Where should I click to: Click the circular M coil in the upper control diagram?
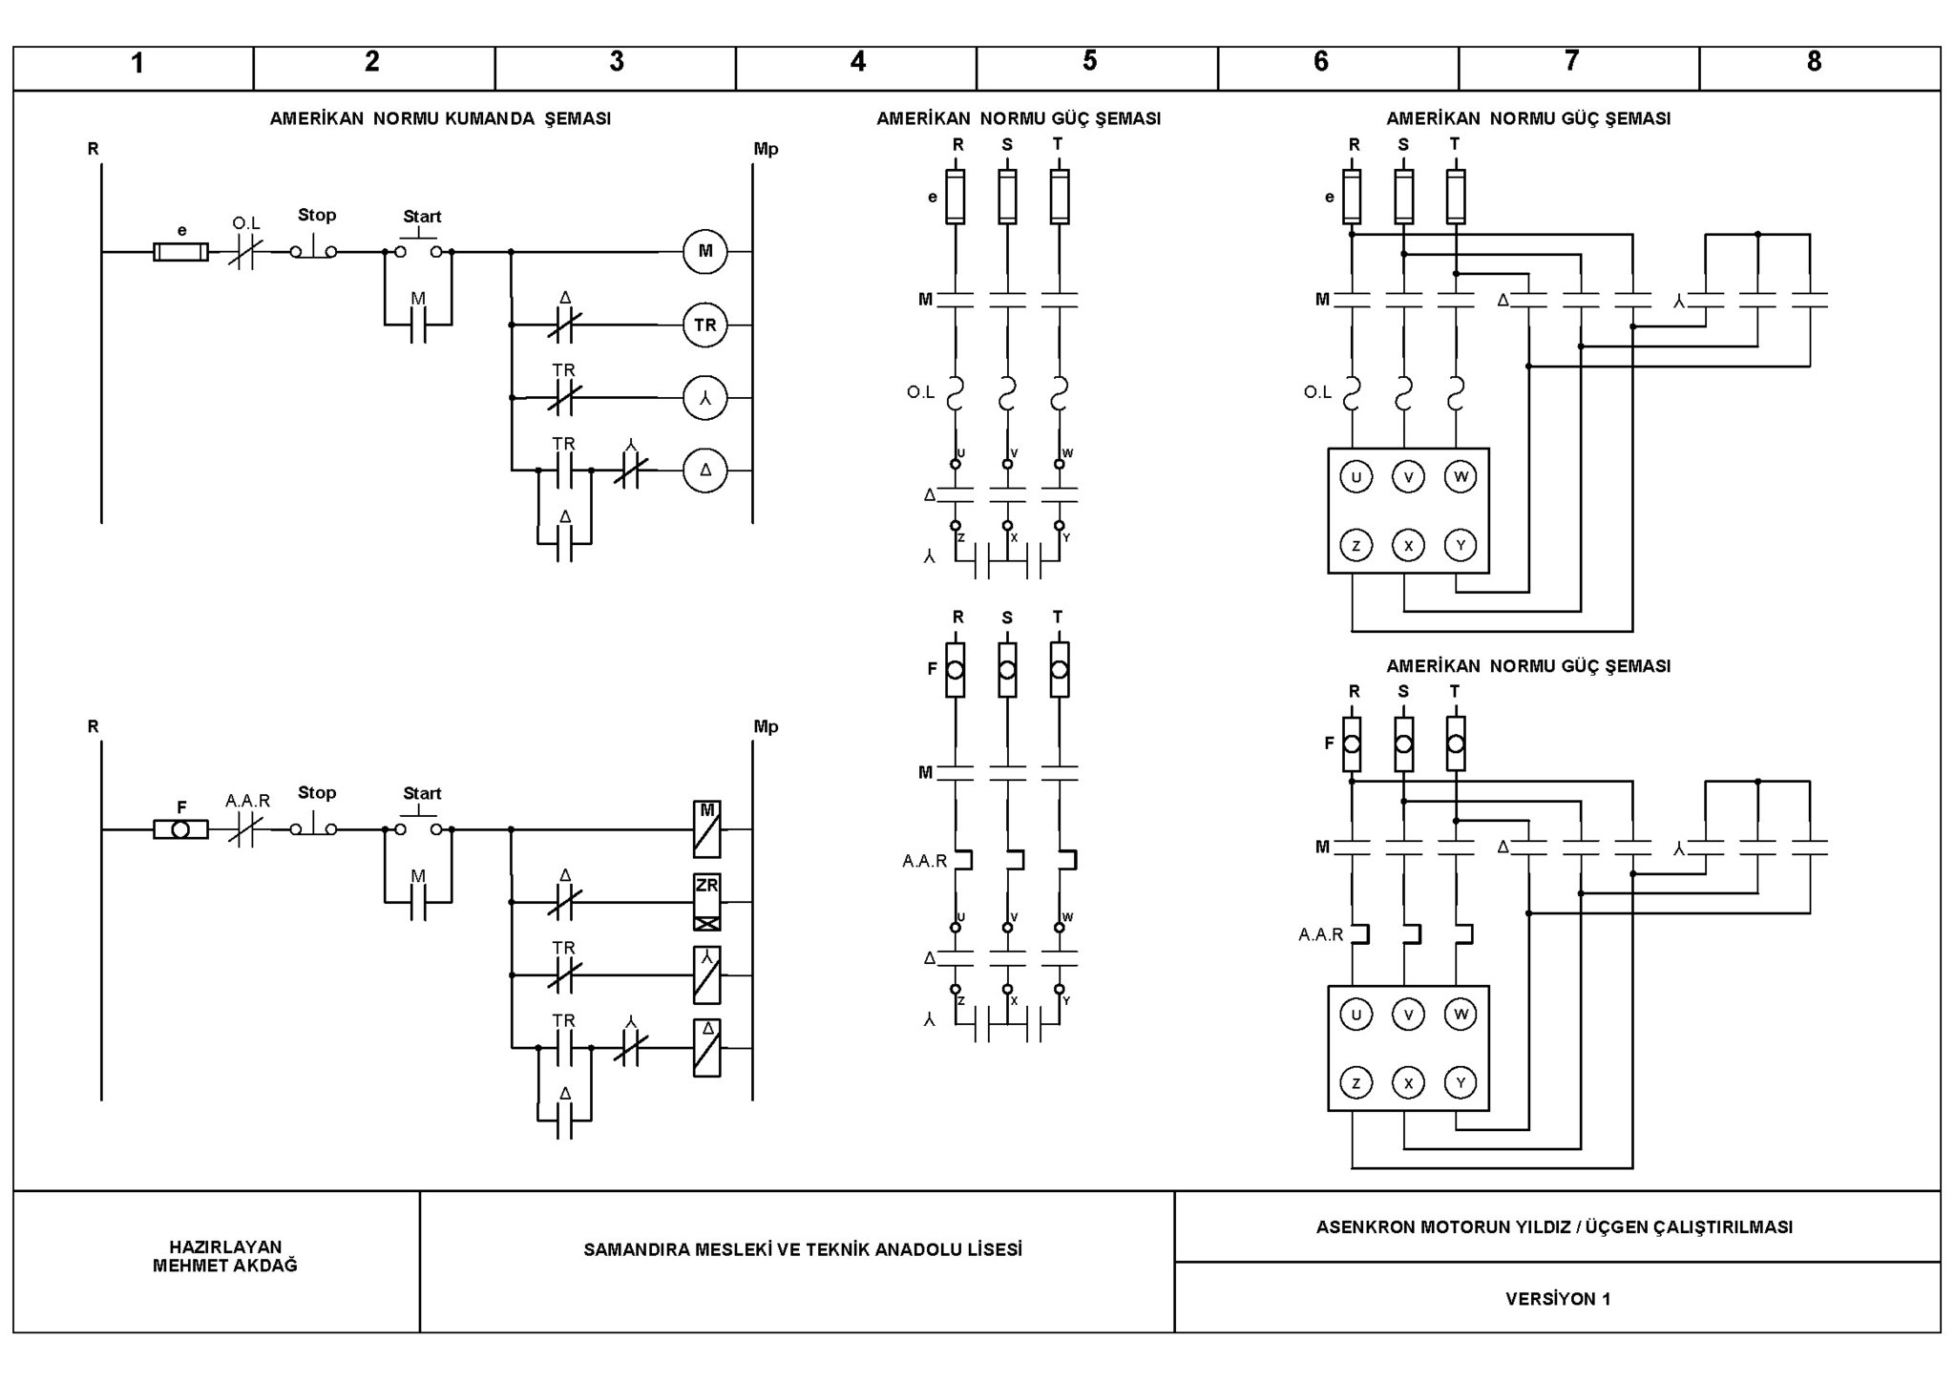(705, 251)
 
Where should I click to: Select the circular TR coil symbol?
(705, 325)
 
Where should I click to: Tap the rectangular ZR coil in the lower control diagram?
(707, 902)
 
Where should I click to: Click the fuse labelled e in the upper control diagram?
(181, 252)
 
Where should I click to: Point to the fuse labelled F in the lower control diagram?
(181, 829)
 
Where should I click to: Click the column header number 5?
(1089, 61)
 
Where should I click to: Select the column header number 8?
(1814, 61)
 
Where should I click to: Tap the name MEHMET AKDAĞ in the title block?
(225, 1266)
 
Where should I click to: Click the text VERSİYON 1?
(1558, 1299)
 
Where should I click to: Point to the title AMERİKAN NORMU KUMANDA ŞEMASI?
(440, 118)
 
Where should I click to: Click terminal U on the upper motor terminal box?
(1356, 476)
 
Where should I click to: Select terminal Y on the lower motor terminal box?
(1461, 1082)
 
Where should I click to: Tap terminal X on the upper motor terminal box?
(1408, 545)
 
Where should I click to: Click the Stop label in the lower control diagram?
(317, 792)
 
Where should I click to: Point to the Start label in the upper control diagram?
(422, 217)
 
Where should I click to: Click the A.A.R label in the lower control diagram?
(248, 801)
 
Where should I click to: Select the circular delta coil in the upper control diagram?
(705, 470)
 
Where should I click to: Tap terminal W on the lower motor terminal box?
(1461, 1014)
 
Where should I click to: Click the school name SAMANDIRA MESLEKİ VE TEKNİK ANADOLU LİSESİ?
(803, 1249)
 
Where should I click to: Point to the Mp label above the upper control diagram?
(766, 149)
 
